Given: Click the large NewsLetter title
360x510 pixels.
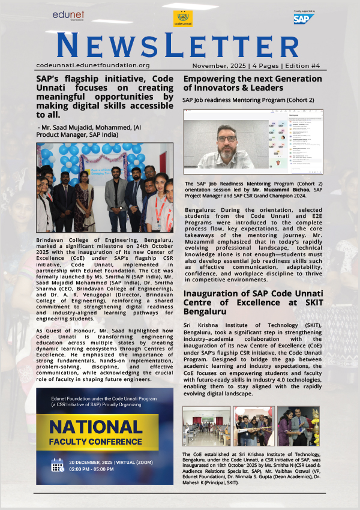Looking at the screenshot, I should click(179, 46).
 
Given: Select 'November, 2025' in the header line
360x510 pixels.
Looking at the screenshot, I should click(217, 65).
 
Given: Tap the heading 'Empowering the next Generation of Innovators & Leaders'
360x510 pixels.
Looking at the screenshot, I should click(252, 83).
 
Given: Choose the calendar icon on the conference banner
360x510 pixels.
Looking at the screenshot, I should click(58, 465).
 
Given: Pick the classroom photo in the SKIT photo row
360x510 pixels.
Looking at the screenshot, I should click(206, 426).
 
